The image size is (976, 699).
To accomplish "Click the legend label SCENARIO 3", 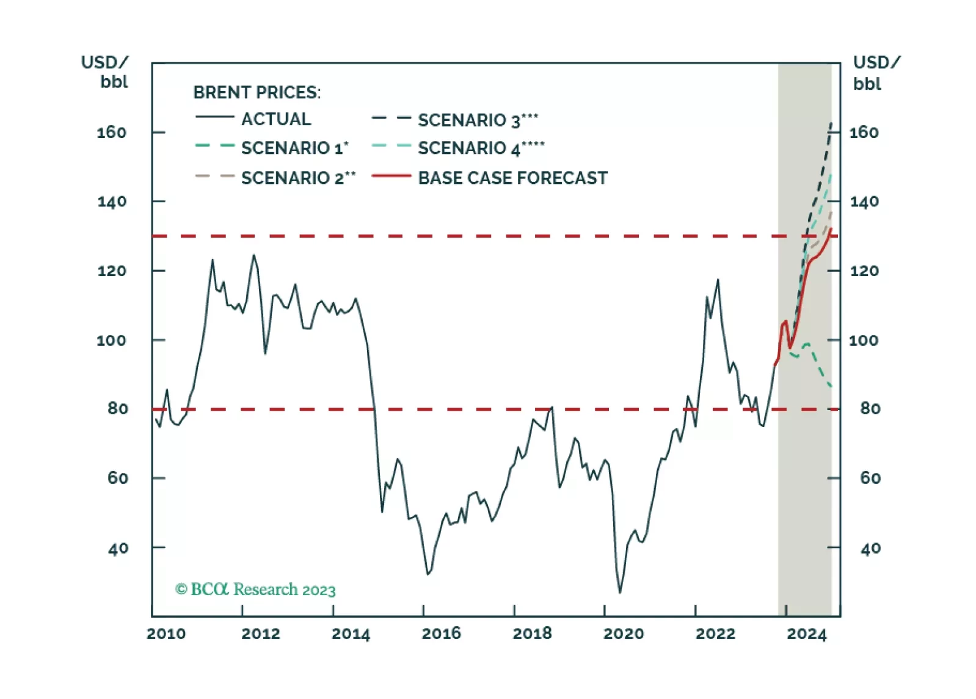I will (x=478, y=120).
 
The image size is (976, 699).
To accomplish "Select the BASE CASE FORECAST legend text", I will (x=512, y=178).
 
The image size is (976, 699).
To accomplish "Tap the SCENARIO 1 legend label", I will (x=294, y=148).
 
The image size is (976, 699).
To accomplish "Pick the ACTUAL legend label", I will (x=276, y=119).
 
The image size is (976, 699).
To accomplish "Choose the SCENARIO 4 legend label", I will (x=481, y=148).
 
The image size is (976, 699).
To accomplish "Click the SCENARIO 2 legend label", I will (x=298, y=178).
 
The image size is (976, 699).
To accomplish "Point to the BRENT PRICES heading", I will (x=257, y=92).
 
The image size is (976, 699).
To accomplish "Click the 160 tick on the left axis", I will (x=112, y=132).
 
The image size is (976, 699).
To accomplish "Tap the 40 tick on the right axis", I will (x=870, y=548).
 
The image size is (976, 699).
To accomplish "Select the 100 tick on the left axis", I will (x=112, y=340).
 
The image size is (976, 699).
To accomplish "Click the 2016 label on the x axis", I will (x=441, y=634).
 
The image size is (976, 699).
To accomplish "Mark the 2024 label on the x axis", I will (x=806, y=634).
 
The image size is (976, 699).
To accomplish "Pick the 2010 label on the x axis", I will (x=166, y=634).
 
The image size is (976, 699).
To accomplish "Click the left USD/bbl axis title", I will (x=106, y=71).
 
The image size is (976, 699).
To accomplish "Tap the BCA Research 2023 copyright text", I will (x=255, y=590).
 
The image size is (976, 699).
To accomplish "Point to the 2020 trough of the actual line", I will (x=620, y=592).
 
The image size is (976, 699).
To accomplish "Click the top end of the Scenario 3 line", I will (x=831, y=123).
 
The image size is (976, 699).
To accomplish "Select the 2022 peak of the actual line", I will (x=718, y=280).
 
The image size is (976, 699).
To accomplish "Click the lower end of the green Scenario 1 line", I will (x=831, y=386).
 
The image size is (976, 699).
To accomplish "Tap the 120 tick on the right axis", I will (x=864, y=271).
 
